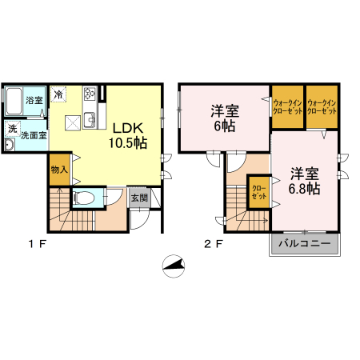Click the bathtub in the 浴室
coord(14,101)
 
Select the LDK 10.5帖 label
coord(128,135)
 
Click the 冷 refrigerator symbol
coord(58,94)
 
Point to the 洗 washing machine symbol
coord(13,129)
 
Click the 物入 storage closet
coord(59,170)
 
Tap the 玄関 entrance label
coord(139,198)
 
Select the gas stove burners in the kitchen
coord(90,94)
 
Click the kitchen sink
coord(90,121)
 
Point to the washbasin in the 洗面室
coord(10,145)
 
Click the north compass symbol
coord(174,266)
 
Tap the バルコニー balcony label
coord(305,243)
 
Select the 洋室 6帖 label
coord(225,118)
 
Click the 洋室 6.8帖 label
coord(305,182)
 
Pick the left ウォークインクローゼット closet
coord(288,106)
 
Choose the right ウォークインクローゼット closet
coord(322,106)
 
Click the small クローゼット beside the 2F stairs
coord(259,192)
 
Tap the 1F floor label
coord(38,244)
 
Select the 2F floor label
coord(213,244)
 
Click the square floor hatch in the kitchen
coord(73,123)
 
